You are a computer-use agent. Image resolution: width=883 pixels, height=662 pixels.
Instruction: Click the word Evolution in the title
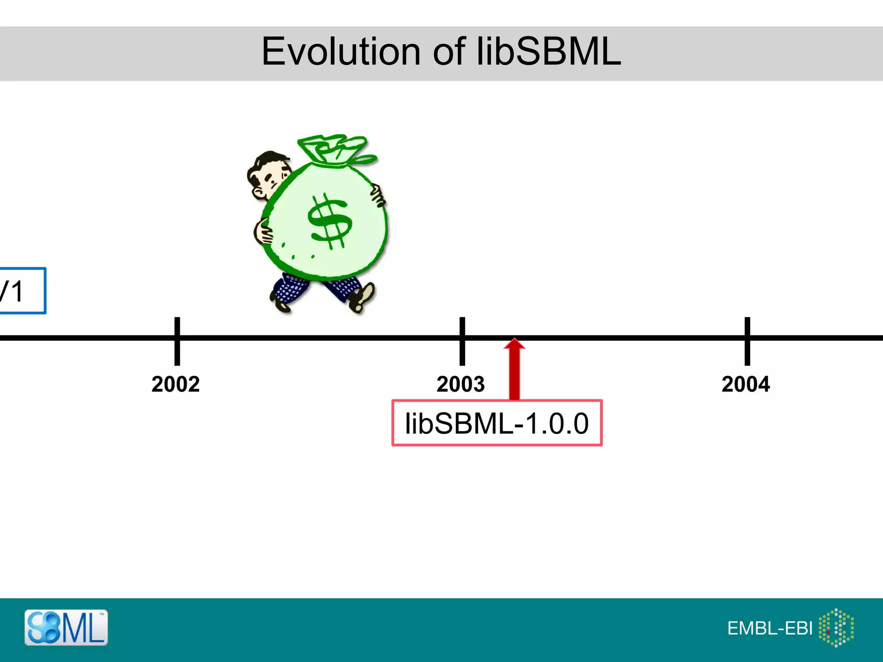coord(341,52)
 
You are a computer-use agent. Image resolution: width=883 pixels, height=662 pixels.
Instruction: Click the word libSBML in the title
coord(548,52)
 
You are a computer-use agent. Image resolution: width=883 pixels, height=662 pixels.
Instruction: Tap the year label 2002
coord(175,384)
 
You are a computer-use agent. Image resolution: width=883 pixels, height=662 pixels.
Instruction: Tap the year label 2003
coord(460,384)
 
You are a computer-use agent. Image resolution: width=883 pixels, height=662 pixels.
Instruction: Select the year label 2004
coord(745,384)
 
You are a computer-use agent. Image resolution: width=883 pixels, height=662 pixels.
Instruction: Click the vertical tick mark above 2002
coord(177,341)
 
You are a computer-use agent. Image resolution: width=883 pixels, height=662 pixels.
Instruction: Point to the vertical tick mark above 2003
coord(462,341)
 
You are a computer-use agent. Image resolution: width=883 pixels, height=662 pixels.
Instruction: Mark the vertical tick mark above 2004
coord(747,341)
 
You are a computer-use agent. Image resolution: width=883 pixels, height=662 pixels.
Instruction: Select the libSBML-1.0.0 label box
coord(497,423)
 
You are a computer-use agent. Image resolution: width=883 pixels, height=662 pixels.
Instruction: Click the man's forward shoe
coord(362,298)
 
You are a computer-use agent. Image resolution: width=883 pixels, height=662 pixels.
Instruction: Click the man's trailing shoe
coord(279,302)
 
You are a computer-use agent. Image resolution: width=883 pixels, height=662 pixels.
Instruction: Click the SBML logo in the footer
coord(66,628)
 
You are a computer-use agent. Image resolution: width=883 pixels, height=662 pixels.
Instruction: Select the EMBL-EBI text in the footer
coord(770,628)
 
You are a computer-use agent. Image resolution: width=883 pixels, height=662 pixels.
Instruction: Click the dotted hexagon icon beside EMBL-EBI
coord(836,628)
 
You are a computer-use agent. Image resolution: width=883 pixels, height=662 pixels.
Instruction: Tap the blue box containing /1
coord(22,290)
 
